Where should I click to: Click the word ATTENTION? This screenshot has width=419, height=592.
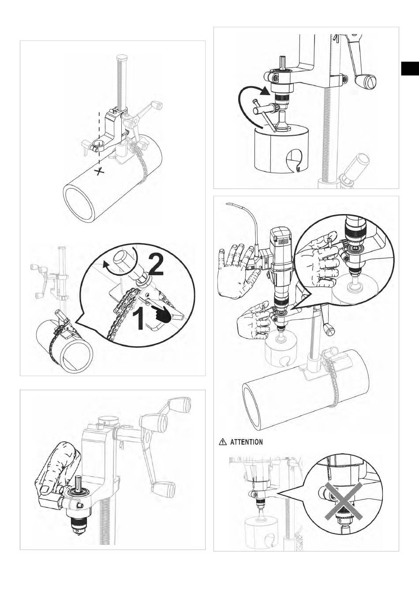coord(247,442)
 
